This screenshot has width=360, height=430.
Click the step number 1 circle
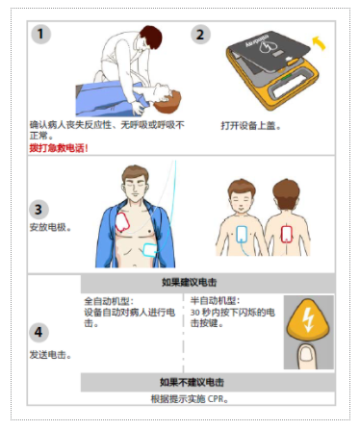(40, 34)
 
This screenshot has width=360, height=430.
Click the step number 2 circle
(200, 35)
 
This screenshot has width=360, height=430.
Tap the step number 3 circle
(39, 210)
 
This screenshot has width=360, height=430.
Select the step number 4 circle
(39, 332)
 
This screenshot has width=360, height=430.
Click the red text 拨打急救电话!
(59, 148)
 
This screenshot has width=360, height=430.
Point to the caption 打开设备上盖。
(251, 126)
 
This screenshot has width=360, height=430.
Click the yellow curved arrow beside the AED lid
(320, 43)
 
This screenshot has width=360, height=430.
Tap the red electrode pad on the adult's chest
(122, 222)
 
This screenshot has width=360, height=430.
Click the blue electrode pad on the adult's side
(150, 250)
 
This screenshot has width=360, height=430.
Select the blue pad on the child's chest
(242, 234)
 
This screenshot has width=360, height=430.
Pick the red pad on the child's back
(287, 234)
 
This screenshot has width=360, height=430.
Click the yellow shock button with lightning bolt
(308, 319)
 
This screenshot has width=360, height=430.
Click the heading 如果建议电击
(190, 283)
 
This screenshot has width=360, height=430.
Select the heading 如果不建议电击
(192, 382)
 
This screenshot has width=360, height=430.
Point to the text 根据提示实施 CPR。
(190, 399)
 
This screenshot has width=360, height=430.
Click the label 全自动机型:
(109, 301)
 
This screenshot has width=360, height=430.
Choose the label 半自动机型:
(215, 301)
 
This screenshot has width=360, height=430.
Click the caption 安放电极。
(50, 227)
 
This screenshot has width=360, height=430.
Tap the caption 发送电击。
(50, 355)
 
